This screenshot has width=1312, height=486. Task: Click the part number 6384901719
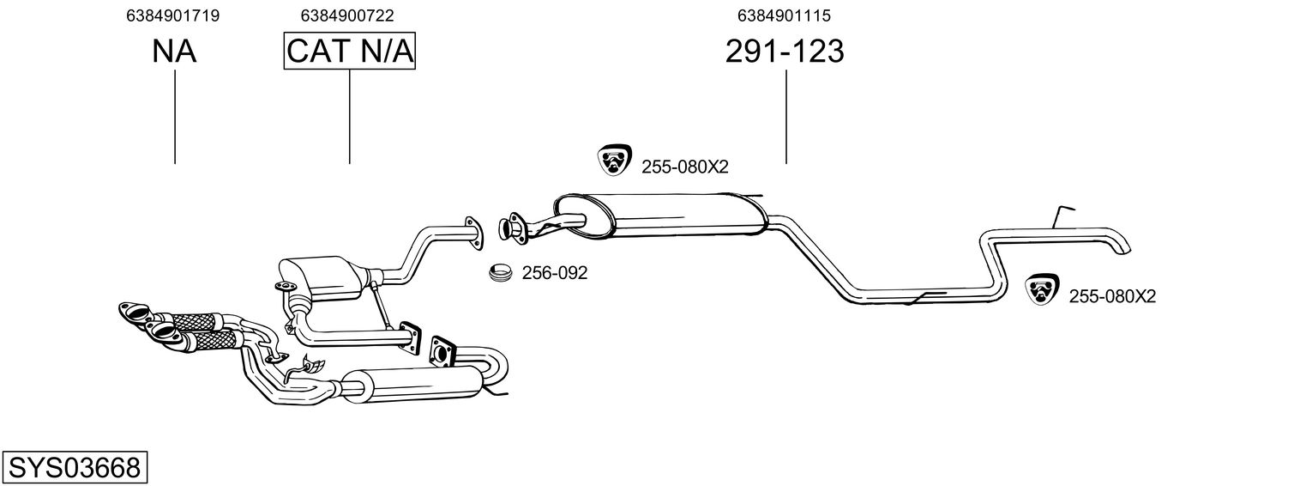coord(172,15)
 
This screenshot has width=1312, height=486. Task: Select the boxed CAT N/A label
coord(349,52)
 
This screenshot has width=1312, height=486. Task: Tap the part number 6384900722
coord(347,15)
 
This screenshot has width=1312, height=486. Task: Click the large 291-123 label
coord(785,52)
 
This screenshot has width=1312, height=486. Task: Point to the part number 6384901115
coord(784,15)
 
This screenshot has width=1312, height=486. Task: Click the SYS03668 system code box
coord(74,468)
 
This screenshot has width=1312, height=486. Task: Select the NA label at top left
coord(174,52)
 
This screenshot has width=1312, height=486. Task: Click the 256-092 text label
coord(555,273)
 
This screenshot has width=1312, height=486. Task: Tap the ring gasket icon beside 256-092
coord(500,273)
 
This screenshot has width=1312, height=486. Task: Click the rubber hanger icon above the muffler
coord(614,161)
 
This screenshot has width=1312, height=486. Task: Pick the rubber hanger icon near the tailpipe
coord(1043,290)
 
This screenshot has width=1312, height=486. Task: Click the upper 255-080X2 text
coord(684,167)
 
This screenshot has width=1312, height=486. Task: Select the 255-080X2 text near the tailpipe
coord(1112,297)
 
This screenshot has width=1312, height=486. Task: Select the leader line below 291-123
coord(786,117)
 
